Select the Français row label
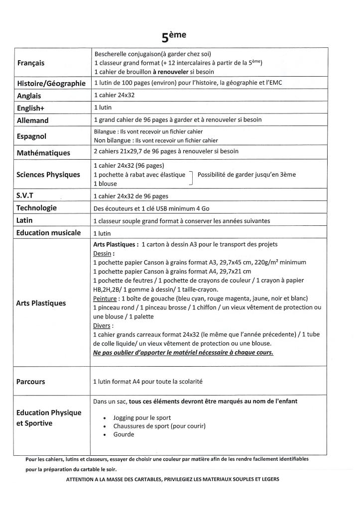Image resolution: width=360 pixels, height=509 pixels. tap(31, 63)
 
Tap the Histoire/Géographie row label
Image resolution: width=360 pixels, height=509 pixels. tap(52, 83)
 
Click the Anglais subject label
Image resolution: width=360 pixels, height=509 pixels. tap(29, 96)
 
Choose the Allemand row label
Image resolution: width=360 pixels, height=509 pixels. tap(33, 120)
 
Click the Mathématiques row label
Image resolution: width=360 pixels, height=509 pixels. tap(43, 152)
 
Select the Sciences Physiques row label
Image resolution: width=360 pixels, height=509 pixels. tap(48, 175)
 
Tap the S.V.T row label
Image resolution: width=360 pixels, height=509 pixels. tap(27, 196)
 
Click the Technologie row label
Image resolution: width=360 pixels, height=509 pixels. tap(37, 208)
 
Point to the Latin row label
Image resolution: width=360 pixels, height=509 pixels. tap(25, 220)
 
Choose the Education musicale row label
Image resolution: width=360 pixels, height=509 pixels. tap(48, 232)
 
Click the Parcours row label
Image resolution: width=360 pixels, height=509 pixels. tap(31, 382)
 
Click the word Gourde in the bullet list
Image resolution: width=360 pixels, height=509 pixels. tap(123, 434)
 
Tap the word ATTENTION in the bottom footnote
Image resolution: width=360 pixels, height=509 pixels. tap(82, 479)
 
